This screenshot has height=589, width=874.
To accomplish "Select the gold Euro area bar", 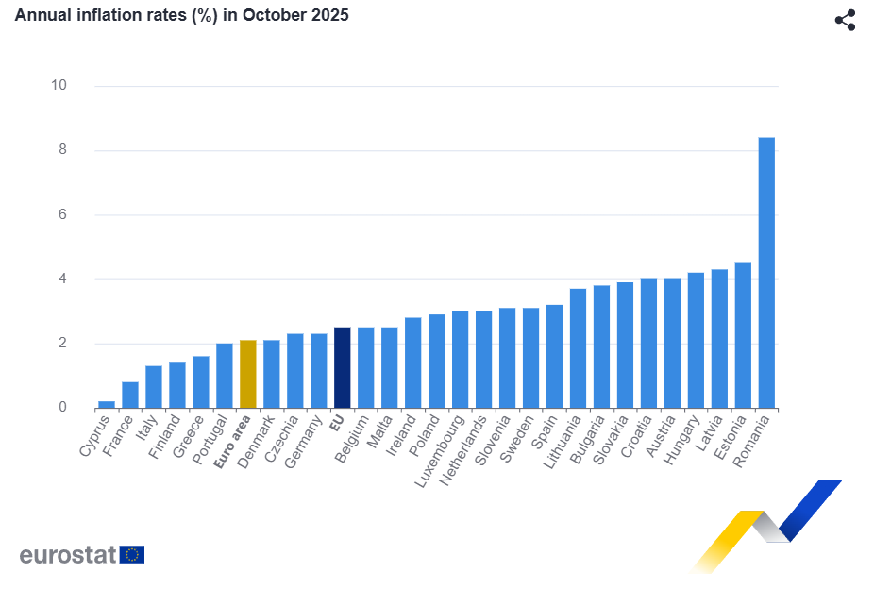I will click(248, 374).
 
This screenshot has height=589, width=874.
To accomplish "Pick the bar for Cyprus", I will click(107, 404).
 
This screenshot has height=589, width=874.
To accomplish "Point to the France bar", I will click(130, 395).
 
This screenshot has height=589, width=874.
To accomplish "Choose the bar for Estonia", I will click(743, 335).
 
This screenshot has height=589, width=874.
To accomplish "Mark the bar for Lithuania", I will click(578, 348).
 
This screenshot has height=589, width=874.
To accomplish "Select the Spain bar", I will click(554, 356).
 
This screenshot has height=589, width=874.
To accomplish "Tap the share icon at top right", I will click(845, 20).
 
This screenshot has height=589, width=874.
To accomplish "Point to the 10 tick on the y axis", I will click(59, 85).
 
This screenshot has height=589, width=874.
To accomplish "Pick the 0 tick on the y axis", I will click(62, 408).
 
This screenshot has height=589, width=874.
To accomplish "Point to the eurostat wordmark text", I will click(67, 554).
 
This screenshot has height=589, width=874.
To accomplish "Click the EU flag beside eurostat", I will click(132, 554).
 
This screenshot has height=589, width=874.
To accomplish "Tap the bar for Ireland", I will click(413, 362).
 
